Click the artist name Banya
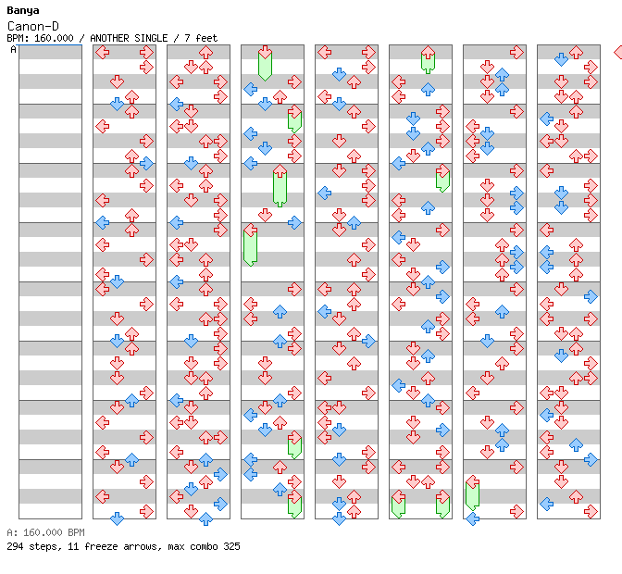click(x=22, y=11)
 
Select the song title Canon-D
click(x=33, y=27)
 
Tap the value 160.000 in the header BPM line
click(x=54, y=38)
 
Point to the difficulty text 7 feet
click(x=201, y=38)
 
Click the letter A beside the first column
click(x=13, y=49)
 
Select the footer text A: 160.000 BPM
click(x=45, y=532)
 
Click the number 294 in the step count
click(x=15, y=546)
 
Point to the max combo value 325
click(x=231, y=546)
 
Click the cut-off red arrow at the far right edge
click(x=618, y=52)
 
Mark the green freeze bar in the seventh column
click(x=472, y=493)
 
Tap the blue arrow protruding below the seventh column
click(x=472, y=518)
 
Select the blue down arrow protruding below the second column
click(x=117, y=518)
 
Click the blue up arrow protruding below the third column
click(x=205, y=518)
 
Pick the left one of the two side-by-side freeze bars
click(x=398, y=505)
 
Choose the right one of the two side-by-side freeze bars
click(x=442, y=505)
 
